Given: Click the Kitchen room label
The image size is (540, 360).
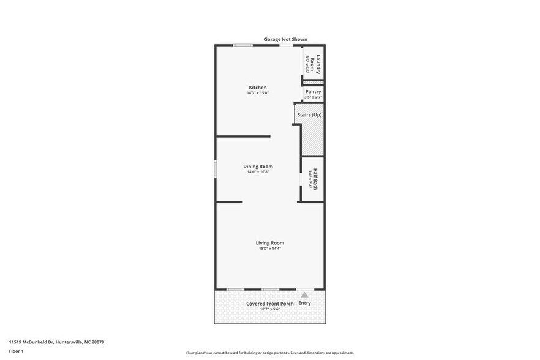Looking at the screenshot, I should [x=257, y=88].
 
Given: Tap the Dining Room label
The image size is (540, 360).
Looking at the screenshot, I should [x=258, y=167].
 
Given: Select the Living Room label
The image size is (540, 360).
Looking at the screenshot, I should [x=269, y=243].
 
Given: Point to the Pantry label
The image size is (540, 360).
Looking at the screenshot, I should [x=313, y=92].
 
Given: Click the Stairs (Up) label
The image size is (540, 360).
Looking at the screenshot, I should [x=309, y=114].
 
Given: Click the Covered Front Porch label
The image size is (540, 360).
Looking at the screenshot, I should [x=269, y=304].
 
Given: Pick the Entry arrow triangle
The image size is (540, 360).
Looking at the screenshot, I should [x=304, y=295].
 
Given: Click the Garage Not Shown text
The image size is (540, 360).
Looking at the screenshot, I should [x=285, y=39].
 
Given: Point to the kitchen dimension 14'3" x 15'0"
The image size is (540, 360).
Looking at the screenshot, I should [x=257, y=93].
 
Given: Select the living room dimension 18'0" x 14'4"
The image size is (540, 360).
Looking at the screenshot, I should [x=269, y=249].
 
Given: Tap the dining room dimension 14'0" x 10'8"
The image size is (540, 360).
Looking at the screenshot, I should [x=258, y=172].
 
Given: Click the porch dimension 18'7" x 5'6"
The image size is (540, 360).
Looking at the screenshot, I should [x=269, y=309].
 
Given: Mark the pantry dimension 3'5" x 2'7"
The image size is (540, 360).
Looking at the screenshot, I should [x=313, y=97].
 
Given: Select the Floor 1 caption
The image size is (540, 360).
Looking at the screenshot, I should [x=16, y=351].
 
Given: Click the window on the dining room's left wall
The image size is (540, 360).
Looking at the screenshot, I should [x=215, y=169].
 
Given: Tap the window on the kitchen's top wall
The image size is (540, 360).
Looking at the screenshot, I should [x=242, y=45].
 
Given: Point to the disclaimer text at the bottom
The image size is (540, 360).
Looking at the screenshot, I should [x=269, y=353].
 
